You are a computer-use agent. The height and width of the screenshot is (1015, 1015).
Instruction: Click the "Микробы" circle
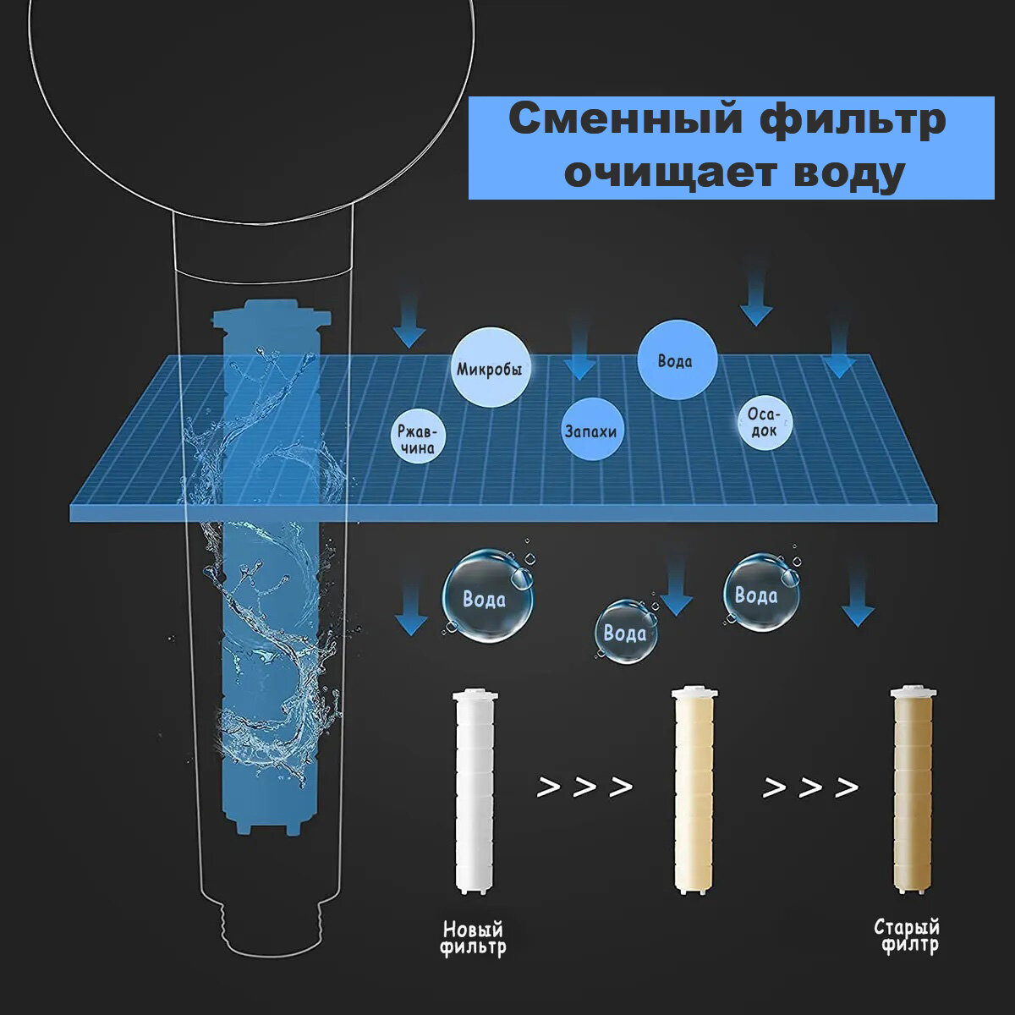click(490, 369)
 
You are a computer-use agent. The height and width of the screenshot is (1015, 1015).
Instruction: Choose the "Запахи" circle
click(590, 431)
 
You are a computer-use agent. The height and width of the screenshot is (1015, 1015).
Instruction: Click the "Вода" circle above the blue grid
click(676, 361)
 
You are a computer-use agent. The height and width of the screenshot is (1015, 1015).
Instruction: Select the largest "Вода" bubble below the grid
click(486, 598)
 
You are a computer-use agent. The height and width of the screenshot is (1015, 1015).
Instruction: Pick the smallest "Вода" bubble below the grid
click(625, 633)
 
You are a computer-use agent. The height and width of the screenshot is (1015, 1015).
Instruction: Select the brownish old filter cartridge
click(913, 791)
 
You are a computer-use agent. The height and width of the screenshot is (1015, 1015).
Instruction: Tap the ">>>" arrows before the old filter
click(810, 787)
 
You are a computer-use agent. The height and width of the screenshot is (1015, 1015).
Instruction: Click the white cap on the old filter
click(913, 691)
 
